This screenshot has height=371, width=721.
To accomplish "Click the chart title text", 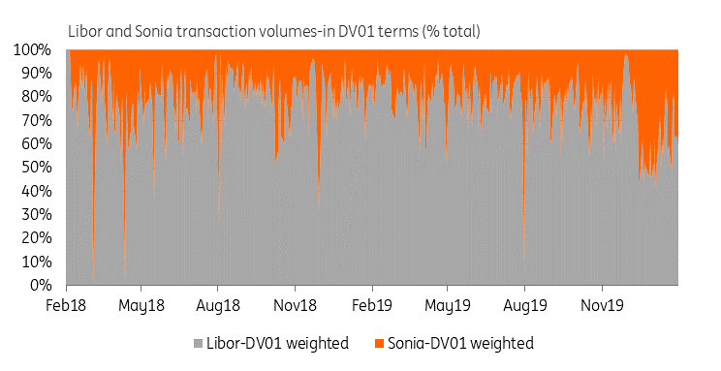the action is (x=274, y=31).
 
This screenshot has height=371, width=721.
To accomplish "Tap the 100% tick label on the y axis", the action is (x=32, y=49).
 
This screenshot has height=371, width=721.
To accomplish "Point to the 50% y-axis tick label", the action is (x=36, y=168).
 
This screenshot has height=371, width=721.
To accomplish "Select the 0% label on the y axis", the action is (x=41, y=285).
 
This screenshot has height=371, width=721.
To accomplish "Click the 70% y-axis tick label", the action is (x=36, y=120).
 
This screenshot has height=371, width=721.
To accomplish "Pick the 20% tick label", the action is (x=36, y=238).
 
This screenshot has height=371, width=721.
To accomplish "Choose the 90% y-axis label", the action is (x=36, y=73).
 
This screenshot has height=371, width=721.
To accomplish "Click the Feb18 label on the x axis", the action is (x=66, y=305).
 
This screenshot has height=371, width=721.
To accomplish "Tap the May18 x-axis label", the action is (x=141, y=306).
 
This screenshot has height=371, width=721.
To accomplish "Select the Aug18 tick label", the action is (x=217, y=306).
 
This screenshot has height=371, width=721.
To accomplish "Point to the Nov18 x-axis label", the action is (x=295, y=305).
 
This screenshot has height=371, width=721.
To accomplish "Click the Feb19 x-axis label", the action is (x=371, y=305).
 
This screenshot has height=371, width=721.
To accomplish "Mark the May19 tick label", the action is (x=448, y=306).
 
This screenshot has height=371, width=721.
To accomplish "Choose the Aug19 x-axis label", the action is (x=524, y=306).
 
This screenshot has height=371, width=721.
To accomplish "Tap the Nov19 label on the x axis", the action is (x=602, y=305).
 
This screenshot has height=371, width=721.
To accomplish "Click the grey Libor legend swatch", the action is (x=199, y=344).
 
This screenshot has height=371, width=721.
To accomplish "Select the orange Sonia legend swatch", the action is (x=379, y=344).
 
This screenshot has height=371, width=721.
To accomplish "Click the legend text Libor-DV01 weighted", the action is (x=277, y=344).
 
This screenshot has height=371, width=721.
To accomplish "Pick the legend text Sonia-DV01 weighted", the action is (x=460, y=344).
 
